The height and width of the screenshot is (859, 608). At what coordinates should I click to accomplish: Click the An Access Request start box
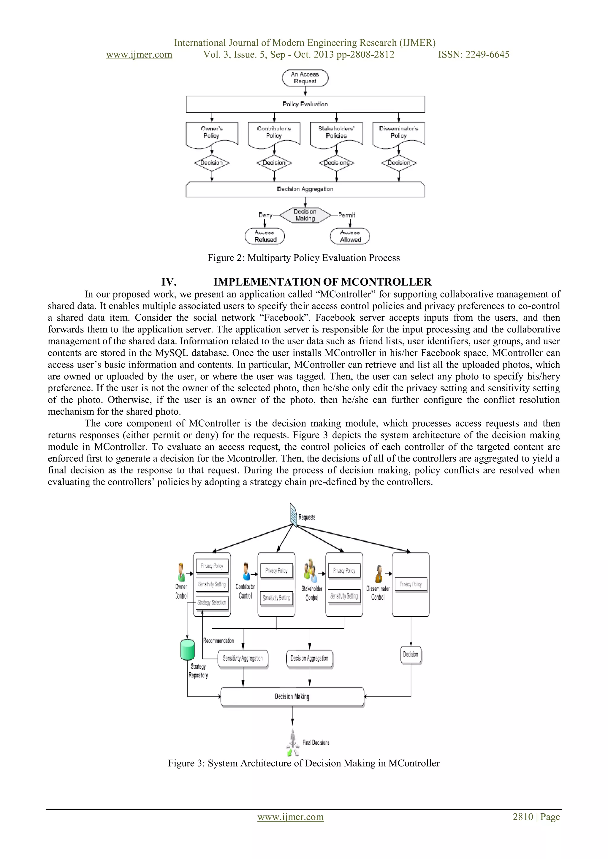[x=305, y=78]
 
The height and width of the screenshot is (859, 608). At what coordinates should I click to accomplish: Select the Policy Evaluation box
[x=305, y=104]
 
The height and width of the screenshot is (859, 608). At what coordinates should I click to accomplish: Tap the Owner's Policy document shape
[x=212, y=133]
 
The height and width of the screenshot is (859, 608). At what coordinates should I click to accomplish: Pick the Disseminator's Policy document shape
[x=399, y=133]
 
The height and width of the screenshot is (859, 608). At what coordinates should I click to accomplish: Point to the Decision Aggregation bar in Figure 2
[x=305, y=189]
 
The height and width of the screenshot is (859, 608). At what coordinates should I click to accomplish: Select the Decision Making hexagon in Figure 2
[x=305, y=215]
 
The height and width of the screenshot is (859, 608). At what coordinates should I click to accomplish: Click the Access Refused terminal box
[x=265, y=236]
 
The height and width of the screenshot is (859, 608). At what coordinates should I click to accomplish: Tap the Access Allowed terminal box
[x=350, y=236]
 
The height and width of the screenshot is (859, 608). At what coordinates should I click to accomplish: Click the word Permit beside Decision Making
[x=347, y=215]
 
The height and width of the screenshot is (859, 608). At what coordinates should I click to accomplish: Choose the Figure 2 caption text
[x=304, y=258]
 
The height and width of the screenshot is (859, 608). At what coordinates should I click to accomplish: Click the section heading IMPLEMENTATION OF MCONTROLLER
[x=322, y=282]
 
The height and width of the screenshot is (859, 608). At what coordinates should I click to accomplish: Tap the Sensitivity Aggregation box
[x=243, y=658]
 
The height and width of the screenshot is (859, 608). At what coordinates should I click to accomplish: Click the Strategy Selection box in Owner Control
[x=212, y=602]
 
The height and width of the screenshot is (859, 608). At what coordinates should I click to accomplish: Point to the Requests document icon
[x=294, y=515]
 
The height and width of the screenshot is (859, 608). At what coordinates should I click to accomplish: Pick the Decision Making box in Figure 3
[x=292, y=697]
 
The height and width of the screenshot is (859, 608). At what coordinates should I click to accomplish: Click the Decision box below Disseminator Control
[x=411, y=654]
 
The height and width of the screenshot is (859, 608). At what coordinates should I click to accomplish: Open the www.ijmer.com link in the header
[x=139, y=55]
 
